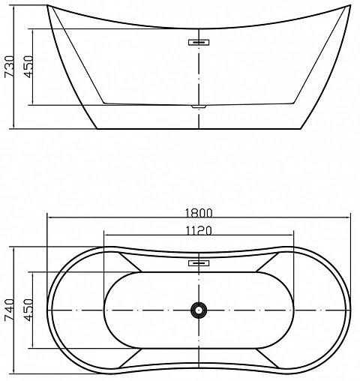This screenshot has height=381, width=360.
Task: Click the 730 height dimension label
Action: (x=9, y=66)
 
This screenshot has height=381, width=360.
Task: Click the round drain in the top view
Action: (x=198, y=310)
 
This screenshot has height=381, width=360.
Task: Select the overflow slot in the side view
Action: (x=198, y=42)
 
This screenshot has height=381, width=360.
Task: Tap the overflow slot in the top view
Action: (x=198, y=263)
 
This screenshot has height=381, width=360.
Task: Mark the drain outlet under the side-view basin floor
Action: (x=198, y=108)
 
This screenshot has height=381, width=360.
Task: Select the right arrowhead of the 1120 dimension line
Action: (x=291, y=238)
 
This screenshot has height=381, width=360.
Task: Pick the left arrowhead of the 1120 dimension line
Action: (x=106, y=238)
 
